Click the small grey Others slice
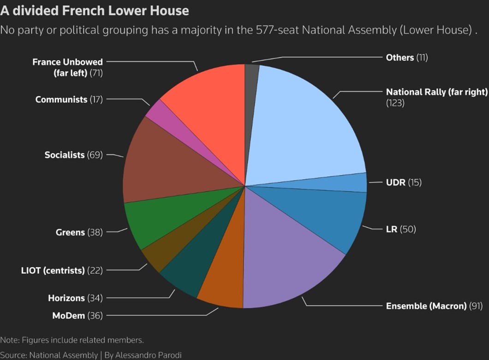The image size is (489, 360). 251,94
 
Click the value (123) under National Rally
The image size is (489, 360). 395,103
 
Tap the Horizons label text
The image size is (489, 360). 66,298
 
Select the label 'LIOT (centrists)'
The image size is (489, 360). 53,270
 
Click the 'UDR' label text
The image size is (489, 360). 396,183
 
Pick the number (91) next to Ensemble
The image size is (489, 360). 476,306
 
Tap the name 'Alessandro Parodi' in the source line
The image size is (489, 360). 149,355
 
